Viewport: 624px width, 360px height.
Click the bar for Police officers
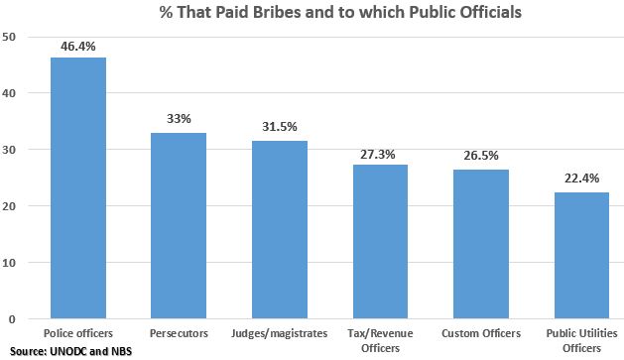[x=77, y=188]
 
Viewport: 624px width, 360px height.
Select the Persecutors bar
[x=178, y=226]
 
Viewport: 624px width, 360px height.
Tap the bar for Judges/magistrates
[x=279, y=230]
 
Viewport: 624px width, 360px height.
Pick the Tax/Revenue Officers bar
[x=381, y=242]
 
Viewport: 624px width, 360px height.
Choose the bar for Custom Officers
[x=481, y=244]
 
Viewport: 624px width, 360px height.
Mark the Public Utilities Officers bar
[x=582, y=256]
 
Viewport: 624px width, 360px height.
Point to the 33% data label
[x=179, y=119]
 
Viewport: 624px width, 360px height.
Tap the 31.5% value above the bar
[x=280, y=128]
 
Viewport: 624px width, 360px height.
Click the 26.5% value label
[x=482, y=157]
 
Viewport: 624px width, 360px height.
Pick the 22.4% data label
[x=582, y=180]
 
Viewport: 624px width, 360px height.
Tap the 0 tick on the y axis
[x=13, y=319]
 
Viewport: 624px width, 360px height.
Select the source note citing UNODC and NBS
[x=66, y=351]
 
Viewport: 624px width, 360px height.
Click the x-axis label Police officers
[x=77, y=333]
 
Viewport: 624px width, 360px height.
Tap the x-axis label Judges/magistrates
[x=279, y=333]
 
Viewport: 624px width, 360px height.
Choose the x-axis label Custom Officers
[x=481, y=333]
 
